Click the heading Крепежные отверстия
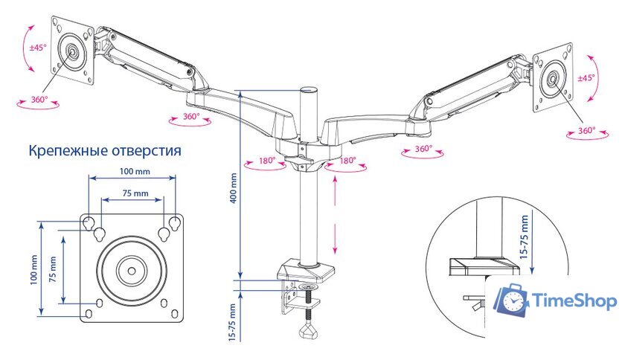click(x=105, y=151)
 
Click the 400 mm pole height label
click(x=233, y=189)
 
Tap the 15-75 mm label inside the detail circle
click(x=525, y=236)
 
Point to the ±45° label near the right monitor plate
click(x=587, y=77)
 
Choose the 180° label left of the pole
click(x=267, y=160)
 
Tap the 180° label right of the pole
click(x=347, y=160)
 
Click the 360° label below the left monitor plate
click(x=39, y=99)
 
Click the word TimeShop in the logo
click(x=575, y=301)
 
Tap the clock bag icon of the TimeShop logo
click(x=513, y=300)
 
